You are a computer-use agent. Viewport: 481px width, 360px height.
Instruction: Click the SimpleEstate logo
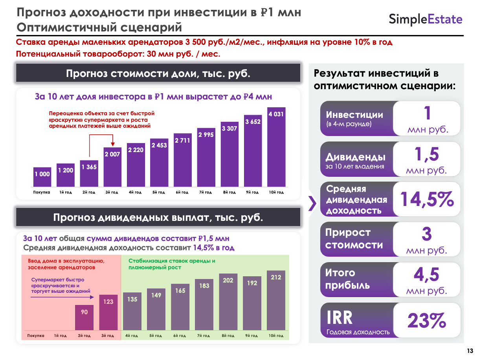pyautogui.click(x=426, y=19)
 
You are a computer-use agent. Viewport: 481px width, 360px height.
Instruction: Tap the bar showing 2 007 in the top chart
pyautogui.click(x=112, y=167)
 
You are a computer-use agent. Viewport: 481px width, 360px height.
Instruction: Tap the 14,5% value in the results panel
pyautogui.click(x=427, y=200)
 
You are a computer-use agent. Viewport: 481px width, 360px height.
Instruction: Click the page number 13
pyautogui.click(x=470, y=351)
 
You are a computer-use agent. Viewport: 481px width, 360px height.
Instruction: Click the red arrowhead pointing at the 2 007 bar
pyautogui.click(x=112, y=144)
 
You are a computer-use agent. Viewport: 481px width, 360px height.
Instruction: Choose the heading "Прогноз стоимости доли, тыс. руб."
pyautogui.click(x=158, y=73)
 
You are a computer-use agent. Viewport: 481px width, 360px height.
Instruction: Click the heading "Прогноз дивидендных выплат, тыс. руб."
pyautogui.click(x=158, y=217)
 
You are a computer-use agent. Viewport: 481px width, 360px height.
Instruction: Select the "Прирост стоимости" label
pyautogui.click(x=348, y=239)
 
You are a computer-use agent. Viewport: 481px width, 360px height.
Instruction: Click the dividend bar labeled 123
pyautogui.click(x=108, y=312)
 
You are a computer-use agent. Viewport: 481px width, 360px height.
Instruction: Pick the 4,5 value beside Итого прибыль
pyautogui.click(x=427, y=274)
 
